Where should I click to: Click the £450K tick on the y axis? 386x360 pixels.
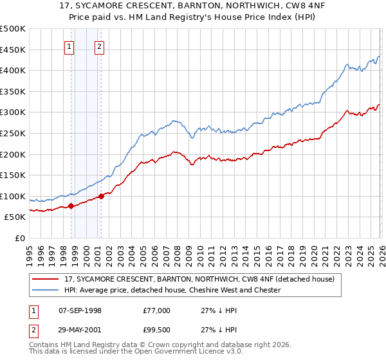point(13,50)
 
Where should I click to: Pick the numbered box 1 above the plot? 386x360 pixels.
point(69,46)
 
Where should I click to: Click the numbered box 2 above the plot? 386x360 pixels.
point(100,46)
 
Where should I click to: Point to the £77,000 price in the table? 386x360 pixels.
point(157,310)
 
